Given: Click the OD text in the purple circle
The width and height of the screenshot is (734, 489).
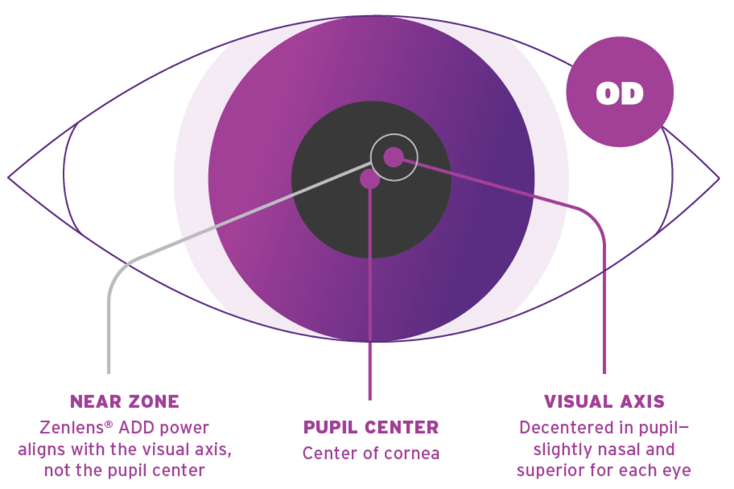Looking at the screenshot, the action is pyautogui.click(x=620, y=93).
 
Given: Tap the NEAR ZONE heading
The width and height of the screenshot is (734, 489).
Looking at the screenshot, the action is pyautogui.click(x=125, y=402).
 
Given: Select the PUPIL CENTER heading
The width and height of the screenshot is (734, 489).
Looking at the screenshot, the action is pyautogui.click(x=371, y=428).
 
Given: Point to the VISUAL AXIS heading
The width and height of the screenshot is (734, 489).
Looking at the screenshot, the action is pyautogui.click(x=604, y=402).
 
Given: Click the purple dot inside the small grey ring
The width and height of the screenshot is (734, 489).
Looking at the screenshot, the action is pyautogui.click(x=393, y=157).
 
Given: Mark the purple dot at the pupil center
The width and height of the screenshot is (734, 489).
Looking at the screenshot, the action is pyautogui.click(x=370, y=179).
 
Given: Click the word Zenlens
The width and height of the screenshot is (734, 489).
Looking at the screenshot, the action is pyautogui.click(x=72, y=428).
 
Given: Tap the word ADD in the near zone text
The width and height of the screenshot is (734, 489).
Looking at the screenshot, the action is pyautogui.click(x=136, y=428).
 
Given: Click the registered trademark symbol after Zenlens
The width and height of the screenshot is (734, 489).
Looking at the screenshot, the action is pyautogui.click(x=109, y=425).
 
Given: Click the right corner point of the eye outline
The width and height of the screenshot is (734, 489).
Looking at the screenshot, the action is pyautogui.click(x=719, y=179).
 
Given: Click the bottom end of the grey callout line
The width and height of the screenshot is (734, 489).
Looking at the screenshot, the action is pyautogui.click(x=109, y=373).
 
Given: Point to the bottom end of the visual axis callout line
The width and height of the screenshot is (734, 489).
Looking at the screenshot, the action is pyautogui.click(x=604, y=373).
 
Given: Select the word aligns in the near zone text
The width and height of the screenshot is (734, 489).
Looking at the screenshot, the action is pyautogui.click(x=41, y=449).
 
